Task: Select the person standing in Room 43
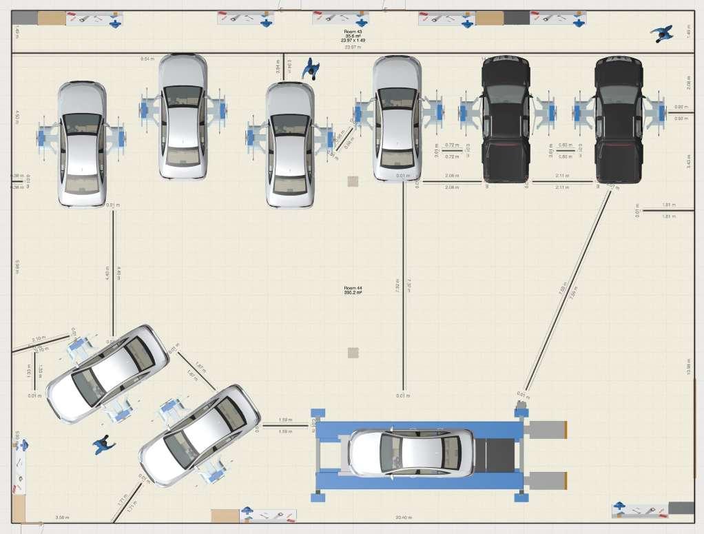[x=662, y=34]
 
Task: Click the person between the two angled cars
[x=105, y=444]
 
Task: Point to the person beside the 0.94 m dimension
[x=311, y=68]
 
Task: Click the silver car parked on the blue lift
[x=412, y=453]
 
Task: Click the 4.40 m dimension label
[x=107, y=273]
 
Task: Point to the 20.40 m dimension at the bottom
[x=404, y=517]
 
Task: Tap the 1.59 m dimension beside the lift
[x=285, y=420]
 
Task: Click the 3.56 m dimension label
[x=62, y=517]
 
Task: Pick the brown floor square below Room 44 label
[x=353, y=353]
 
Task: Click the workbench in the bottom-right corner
[x=641, y=510]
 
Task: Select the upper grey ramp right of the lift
[x=545, y=429]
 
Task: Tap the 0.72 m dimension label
[x=452, y=145]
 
